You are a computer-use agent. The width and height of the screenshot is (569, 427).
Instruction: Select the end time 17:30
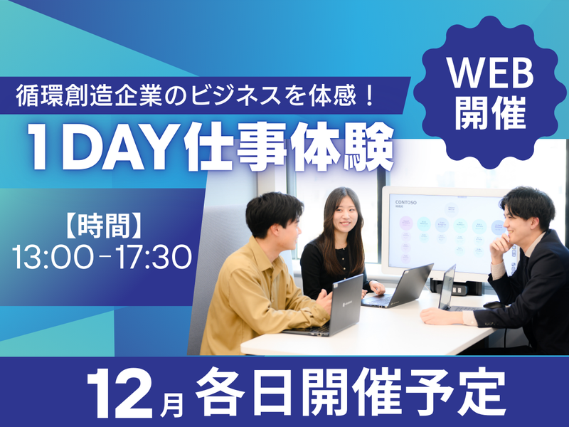tap(154, 258)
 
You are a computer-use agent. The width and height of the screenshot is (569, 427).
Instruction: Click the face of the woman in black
tap(337, 213)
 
